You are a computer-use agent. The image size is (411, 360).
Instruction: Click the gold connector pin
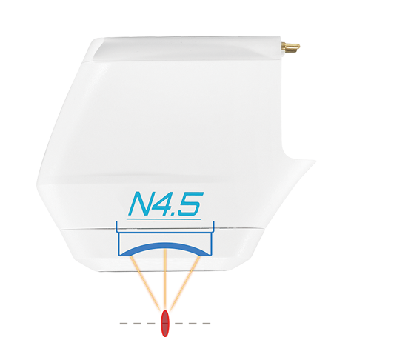click(290, 47)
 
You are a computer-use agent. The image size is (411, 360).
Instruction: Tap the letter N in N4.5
click(144, 204)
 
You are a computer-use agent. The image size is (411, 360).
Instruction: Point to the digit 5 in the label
click(191, 204)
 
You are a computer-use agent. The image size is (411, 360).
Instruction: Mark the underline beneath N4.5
click(164, 219)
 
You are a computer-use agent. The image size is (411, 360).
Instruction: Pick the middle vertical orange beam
click(165, 279)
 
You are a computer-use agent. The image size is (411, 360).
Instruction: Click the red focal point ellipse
click(165, 323)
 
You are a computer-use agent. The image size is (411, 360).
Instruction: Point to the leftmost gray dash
click(124, 324)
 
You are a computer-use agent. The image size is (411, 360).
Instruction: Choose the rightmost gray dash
click(207, 324)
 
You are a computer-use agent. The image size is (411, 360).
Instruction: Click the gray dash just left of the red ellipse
click(151, 324)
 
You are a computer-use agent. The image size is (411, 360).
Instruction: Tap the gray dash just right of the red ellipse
click(178, 324)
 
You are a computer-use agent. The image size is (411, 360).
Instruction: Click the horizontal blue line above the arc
click(165, 233)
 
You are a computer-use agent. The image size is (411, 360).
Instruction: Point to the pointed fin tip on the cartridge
click(315, 161)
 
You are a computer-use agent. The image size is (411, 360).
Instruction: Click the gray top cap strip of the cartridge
click(187, 48)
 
